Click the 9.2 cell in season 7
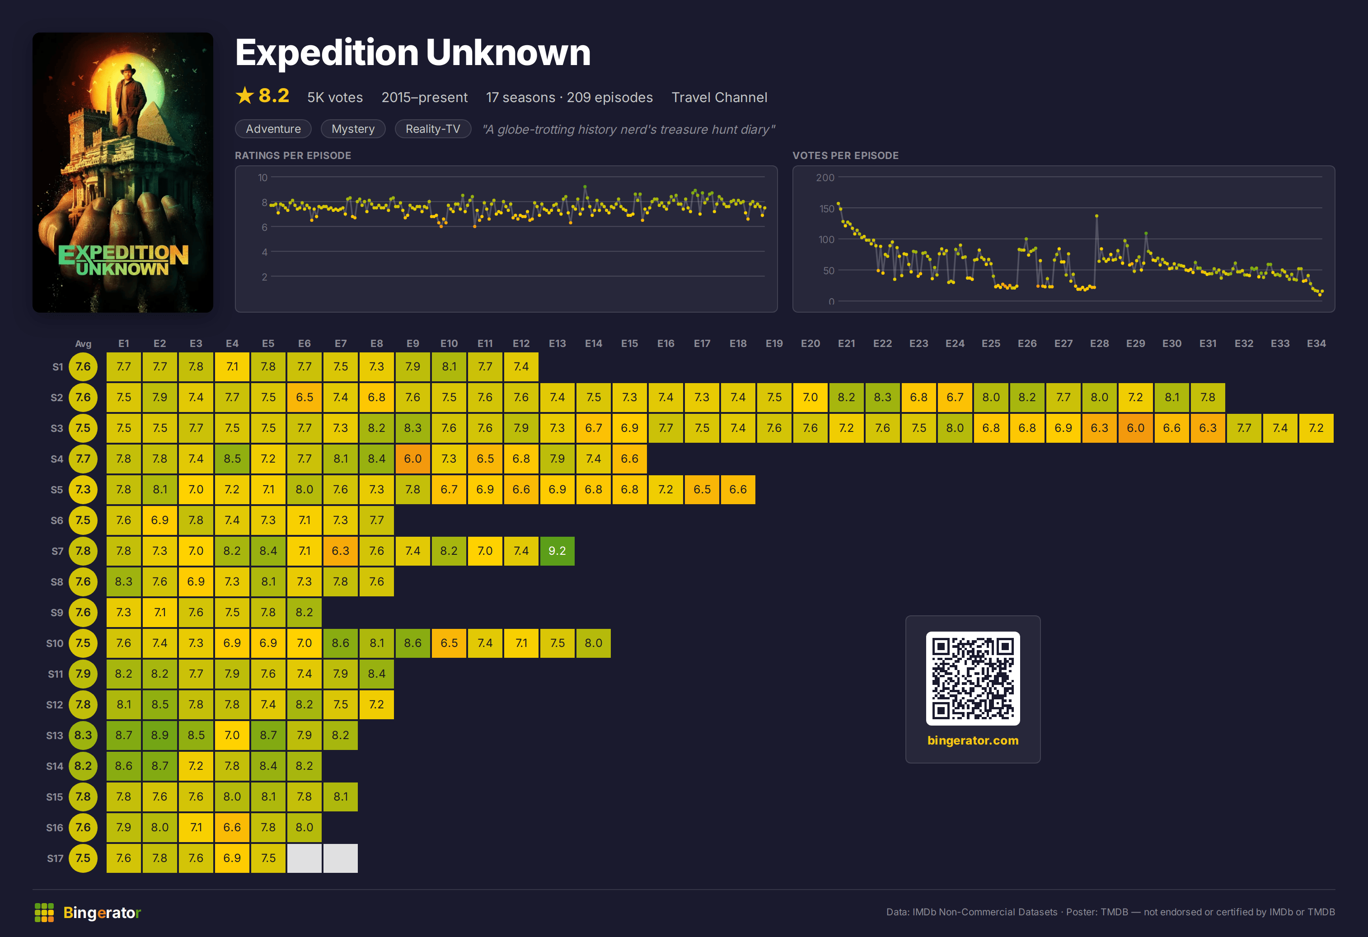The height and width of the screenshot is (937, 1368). [x=557, y=551]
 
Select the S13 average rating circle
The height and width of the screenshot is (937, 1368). [x=83, y=735]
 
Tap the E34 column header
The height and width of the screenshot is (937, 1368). [x=1316, y=343]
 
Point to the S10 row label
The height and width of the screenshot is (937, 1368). [x=55, y=643]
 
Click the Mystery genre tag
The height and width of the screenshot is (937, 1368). [x=353, y=129]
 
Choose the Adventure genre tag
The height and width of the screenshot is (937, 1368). [x=273, y=129]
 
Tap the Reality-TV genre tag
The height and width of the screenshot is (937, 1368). [x=433, y=129]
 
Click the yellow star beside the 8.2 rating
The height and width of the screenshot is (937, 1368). [x=244, y=95]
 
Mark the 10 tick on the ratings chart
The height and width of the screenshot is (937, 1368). [x=262, y=177]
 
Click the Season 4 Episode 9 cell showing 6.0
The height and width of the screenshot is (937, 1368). [x=412, y=459]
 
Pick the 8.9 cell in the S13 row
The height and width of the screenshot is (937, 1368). [x=159, y=735]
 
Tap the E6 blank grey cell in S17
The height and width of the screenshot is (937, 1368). [x=305, y=858]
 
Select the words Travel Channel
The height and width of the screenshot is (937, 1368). [x=719, y=97]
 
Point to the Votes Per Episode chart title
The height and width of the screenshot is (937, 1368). [x=845, y=155]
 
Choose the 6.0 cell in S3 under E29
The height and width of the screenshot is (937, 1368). [x=1135, y=428]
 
